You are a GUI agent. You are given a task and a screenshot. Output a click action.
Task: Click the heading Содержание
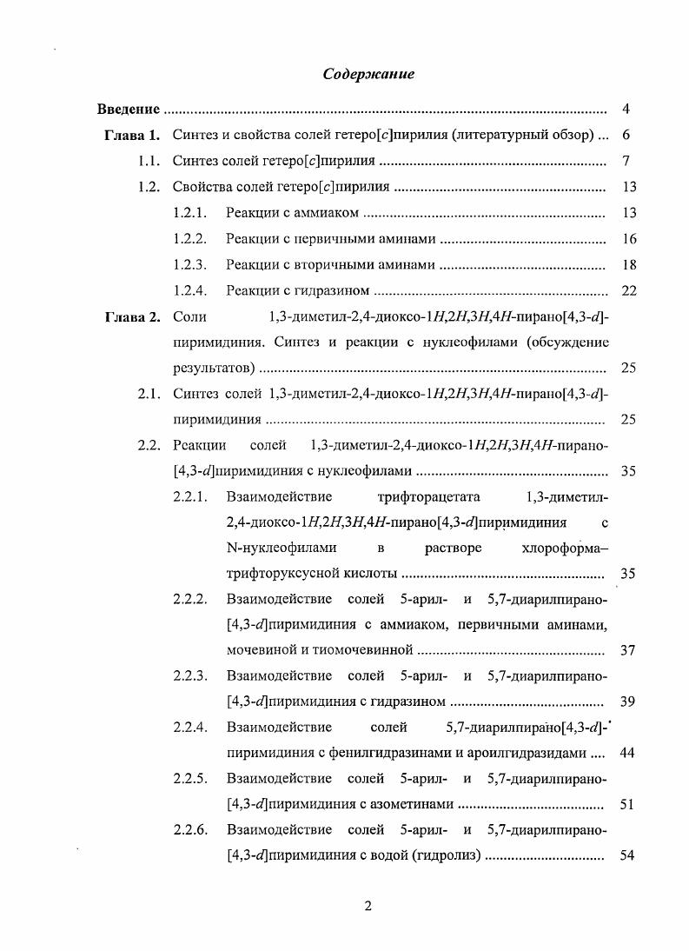click(x=368, y=74)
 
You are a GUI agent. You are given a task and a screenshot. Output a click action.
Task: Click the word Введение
click(x=128, y=110)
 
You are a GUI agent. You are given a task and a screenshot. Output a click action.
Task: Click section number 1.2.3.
click(x=189, y=264)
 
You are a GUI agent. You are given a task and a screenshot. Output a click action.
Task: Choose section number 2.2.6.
click(x=189, y=829)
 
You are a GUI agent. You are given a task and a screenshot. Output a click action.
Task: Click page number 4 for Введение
click(x=626, y=110)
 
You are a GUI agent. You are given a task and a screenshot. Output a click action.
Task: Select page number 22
click(x=630, y=290)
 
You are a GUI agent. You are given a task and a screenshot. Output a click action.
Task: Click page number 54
click(x=630, y=855)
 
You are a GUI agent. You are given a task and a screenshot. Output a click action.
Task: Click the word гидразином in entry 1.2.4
click(x=335, y=290)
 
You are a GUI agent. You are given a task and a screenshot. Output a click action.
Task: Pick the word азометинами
click(x=412, y=804)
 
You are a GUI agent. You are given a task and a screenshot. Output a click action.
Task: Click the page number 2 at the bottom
click(x=368, y=906)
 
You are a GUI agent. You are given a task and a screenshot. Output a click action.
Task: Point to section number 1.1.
click(x=149, y=162)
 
